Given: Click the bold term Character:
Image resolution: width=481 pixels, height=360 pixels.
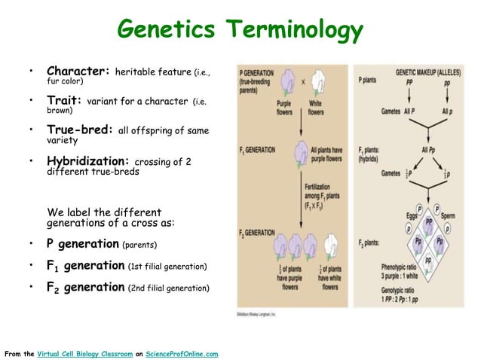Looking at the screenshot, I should tap(79, 71).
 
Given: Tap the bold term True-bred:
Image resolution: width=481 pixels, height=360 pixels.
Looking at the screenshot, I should tap(81, 130).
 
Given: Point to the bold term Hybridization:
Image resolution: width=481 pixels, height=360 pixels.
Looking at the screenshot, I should tap(88, 160).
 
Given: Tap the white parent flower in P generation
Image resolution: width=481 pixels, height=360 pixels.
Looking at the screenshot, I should tap(317, 81).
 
